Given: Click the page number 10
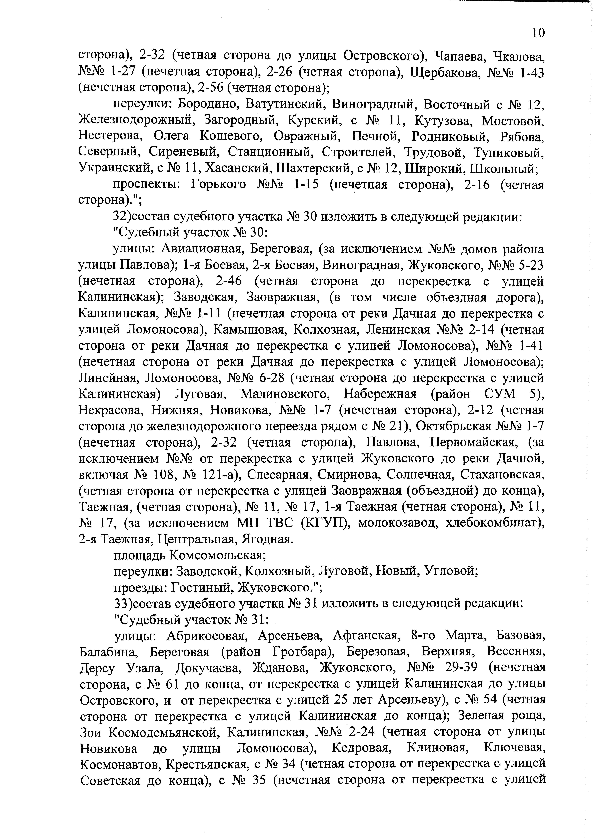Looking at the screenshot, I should click(538, 33).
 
